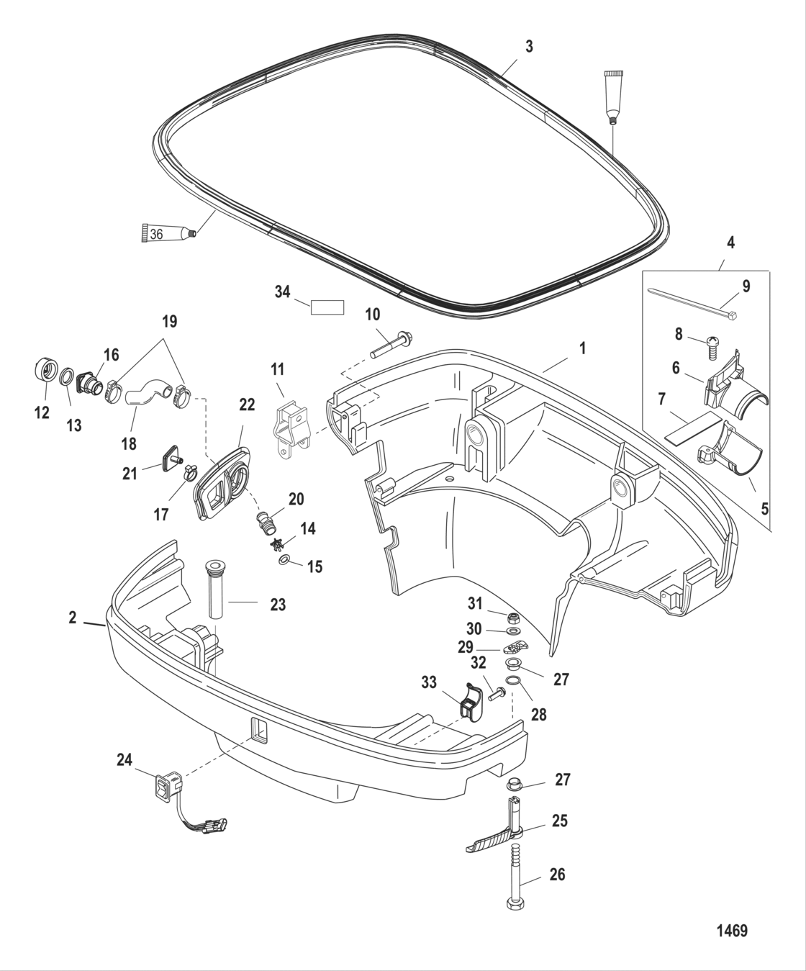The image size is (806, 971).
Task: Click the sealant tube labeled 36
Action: [165, 233]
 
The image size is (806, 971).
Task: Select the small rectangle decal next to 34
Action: [327, 307]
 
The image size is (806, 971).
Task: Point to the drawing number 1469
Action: [732, 931]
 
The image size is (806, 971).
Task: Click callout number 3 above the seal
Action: [529, 47]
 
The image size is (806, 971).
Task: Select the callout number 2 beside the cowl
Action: [73, 618]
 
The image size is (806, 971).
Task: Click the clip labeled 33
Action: [471, 700]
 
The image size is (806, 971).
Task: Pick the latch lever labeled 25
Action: [497, 839]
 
